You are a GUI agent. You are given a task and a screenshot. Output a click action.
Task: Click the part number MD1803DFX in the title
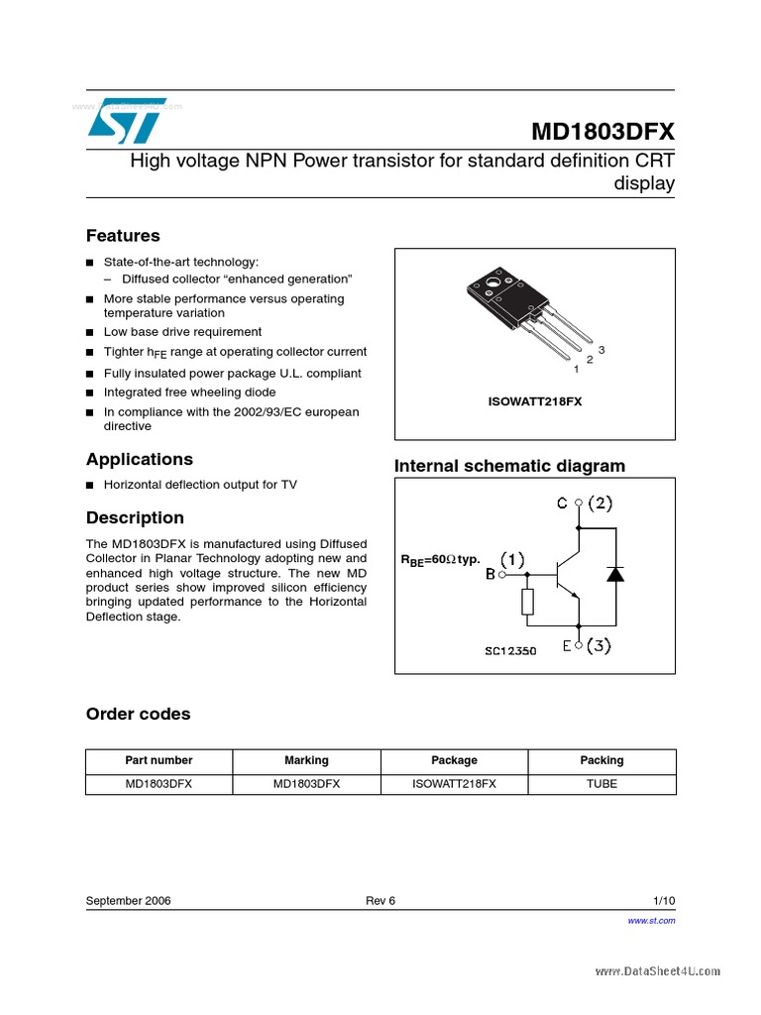pos(602,132)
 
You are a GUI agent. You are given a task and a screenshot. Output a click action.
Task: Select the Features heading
pos(123,236)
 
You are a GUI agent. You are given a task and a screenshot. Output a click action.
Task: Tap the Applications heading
pos(139,459)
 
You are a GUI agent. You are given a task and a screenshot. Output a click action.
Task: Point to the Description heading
pos(135,517)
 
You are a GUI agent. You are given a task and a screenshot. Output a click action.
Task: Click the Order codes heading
pos(138,714)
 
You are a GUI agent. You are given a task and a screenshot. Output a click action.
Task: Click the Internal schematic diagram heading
pos(509,466)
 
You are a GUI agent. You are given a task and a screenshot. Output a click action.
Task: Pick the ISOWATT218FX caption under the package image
pos(535,402)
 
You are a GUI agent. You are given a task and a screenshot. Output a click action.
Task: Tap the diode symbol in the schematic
pos(614,574)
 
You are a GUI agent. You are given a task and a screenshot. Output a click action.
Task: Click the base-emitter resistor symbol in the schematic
pos(527,601)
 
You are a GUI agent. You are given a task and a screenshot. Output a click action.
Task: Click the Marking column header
pos(306,760)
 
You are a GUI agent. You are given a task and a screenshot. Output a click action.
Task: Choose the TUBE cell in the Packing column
pos(601,783)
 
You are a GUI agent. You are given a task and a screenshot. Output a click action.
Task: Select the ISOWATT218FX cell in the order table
pos(454,783)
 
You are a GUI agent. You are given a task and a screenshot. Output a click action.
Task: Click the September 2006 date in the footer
pos(128,900)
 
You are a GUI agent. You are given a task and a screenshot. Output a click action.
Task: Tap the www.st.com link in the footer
pos(651,921)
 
